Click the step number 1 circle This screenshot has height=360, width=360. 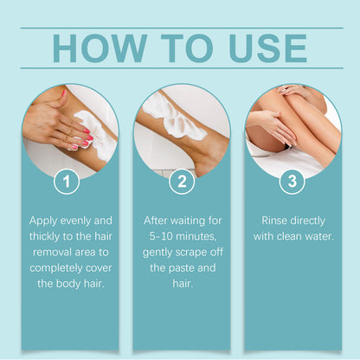(x=68, y=183)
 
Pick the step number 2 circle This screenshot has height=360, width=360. (x=181, y=183)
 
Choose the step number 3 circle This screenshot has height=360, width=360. (x=292, y=183)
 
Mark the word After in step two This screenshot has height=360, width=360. (x=158, y=221)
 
